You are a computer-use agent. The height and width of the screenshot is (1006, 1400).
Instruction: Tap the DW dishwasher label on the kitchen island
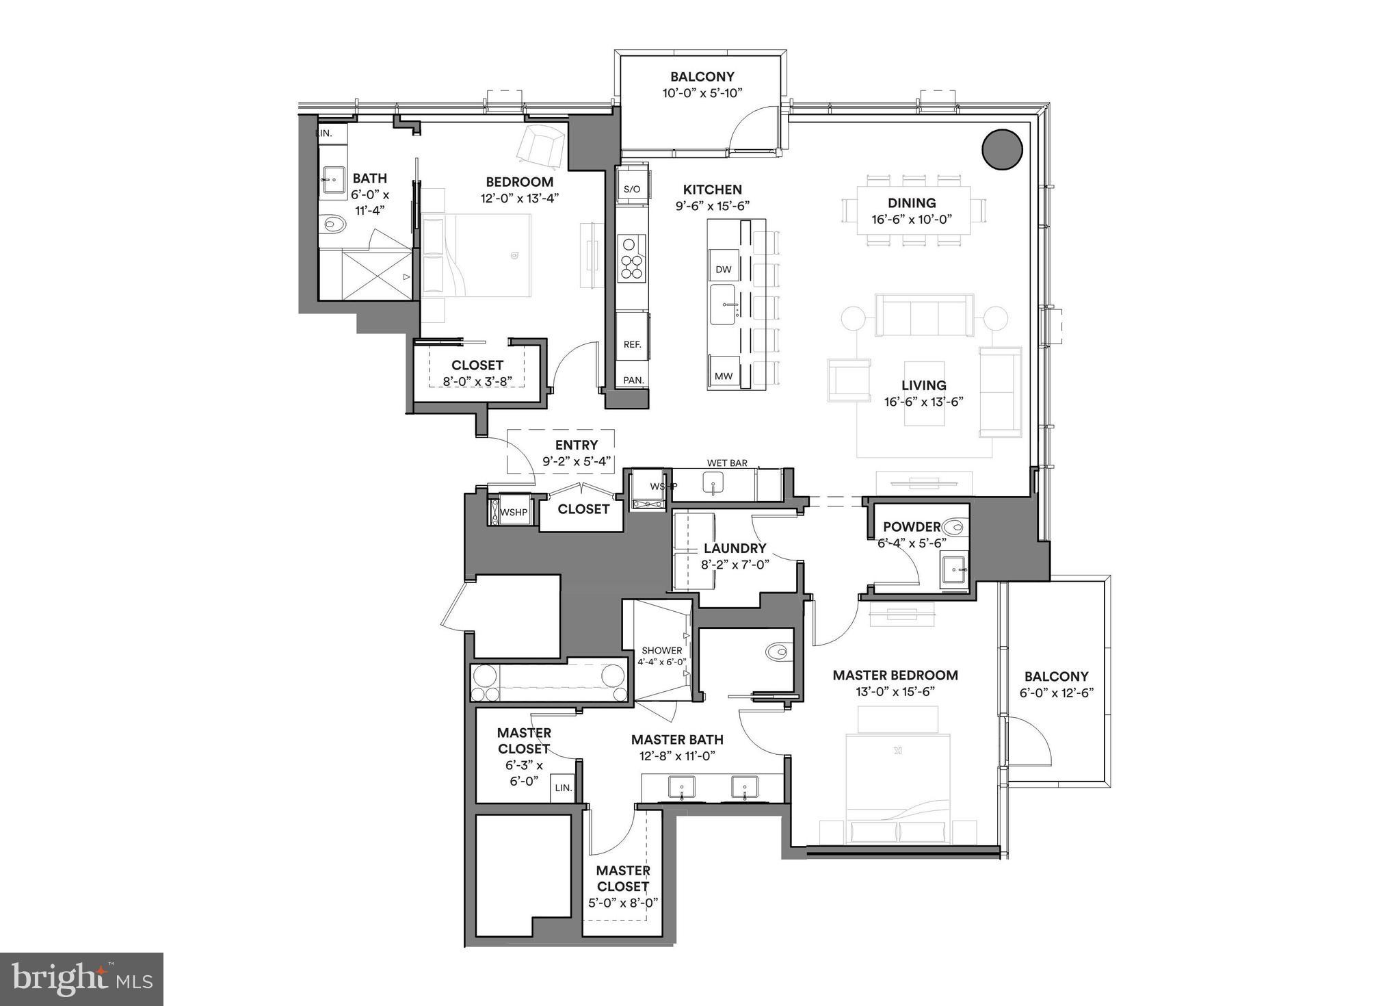tap(723, 270)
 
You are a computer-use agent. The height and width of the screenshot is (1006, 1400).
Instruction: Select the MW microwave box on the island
tap(723, 376)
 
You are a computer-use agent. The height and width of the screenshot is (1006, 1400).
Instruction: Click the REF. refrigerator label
tap(632, 344)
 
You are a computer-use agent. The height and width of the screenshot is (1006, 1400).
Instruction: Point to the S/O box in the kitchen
tap(632, 189)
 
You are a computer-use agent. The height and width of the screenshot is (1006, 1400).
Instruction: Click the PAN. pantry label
tap(633, 381)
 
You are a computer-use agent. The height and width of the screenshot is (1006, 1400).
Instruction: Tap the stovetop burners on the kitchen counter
tap(631, 258)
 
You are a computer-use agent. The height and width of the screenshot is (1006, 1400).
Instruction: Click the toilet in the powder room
tap(953, 528)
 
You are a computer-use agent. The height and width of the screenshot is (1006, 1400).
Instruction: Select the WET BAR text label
tap(727, 463)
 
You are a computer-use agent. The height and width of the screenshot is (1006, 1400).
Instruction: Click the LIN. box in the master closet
tap(563, 788)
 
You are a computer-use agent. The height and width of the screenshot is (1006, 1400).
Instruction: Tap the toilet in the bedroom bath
tap(333, 223)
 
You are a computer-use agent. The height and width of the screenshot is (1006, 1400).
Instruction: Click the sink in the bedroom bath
tap(332, 180)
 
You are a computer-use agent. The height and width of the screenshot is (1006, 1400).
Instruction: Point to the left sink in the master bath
tap(681, 788)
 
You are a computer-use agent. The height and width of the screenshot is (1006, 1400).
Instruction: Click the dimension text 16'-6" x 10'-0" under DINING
tap(912, 220)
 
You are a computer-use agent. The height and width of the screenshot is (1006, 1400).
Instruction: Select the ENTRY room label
tap(576, 445)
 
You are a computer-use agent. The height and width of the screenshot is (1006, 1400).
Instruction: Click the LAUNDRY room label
tap(735, 548)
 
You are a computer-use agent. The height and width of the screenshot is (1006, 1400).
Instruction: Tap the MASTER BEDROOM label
tap(895, 675)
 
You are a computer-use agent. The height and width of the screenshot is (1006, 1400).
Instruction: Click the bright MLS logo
tap(81, 979)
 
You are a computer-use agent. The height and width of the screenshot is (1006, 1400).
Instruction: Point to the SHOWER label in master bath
tap(661, 650)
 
